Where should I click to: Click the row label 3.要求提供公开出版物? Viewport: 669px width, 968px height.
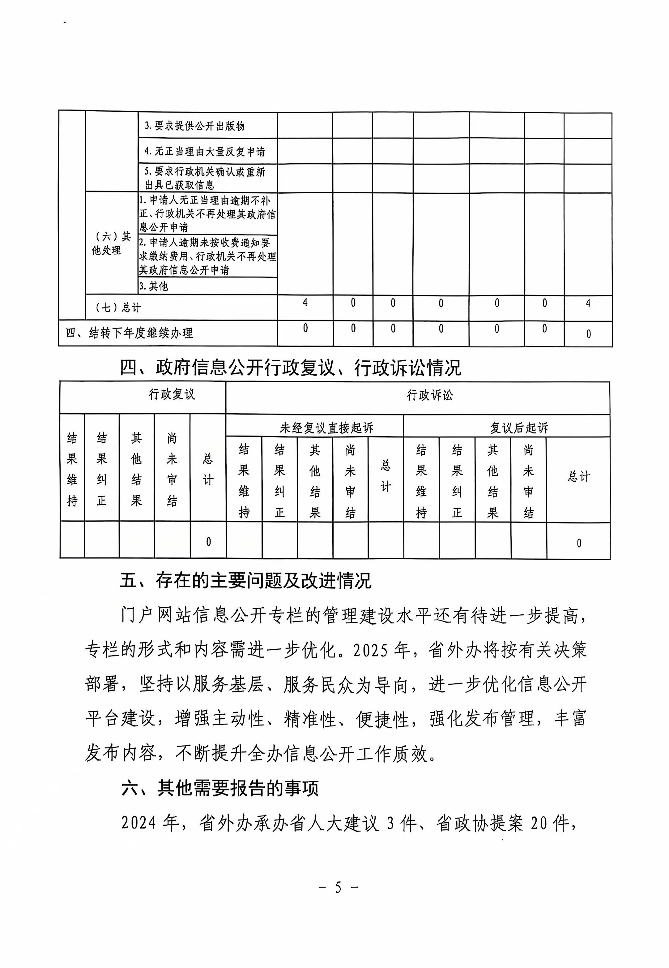point(194,126)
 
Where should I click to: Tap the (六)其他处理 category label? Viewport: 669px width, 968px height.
point(111,243)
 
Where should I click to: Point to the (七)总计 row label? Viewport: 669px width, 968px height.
point(118,308)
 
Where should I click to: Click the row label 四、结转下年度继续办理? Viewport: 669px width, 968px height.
point(129,333)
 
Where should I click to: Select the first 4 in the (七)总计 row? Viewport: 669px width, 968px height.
point(305,303)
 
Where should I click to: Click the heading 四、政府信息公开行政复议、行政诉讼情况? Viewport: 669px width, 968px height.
point(291,368)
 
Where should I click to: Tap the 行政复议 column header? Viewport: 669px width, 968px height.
point(172,394)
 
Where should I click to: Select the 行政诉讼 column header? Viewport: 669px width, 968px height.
point(430,395)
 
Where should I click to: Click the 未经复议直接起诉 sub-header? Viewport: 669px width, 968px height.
point(326,428)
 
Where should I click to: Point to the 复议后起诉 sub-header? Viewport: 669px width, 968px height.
point(519,428)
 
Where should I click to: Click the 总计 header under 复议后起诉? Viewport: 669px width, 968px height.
point(578,476)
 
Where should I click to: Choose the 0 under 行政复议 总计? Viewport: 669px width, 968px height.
point(208,542)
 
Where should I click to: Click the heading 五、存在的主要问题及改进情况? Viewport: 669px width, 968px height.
point(246,581)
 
